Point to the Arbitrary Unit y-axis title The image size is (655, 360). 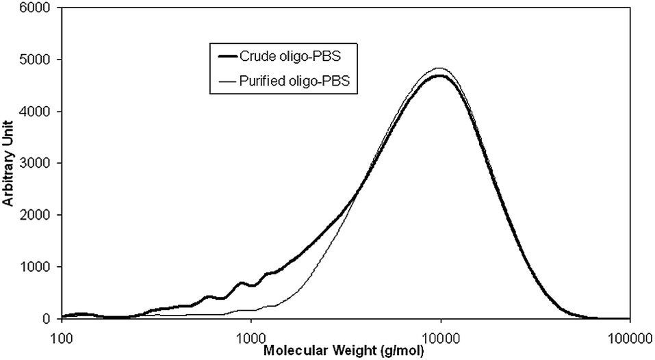pyautogui.click(x=9, y=164)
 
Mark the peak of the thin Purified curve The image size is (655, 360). pyautogui.click(x=439, y=68)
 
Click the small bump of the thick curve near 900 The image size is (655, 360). pyautogui.click(x=241, y=283)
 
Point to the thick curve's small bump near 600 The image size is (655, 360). pyautogui.click(x=209, y=296)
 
